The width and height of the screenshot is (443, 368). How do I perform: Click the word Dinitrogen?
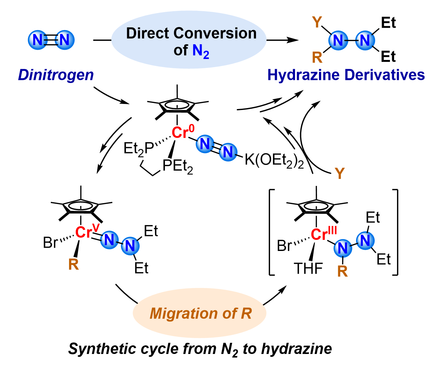point(56,75)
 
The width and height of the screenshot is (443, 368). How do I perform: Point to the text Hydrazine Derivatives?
point(346,75)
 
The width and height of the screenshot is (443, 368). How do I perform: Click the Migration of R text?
point(200,313)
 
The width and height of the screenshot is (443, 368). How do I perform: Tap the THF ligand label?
point(308,269)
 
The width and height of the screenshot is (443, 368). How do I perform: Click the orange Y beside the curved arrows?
point(340,174)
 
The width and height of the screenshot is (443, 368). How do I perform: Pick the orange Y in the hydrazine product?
point(317,22)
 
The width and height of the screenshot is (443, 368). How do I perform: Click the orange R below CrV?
point(74,264)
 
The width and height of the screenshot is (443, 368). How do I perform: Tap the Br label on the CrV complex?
point(50,243)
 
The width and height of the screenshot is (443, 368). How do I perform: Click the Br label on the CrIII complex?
point(284,246)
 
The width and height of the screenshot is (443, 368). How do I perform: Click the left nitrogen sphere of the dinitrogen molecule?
point(38,40)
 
